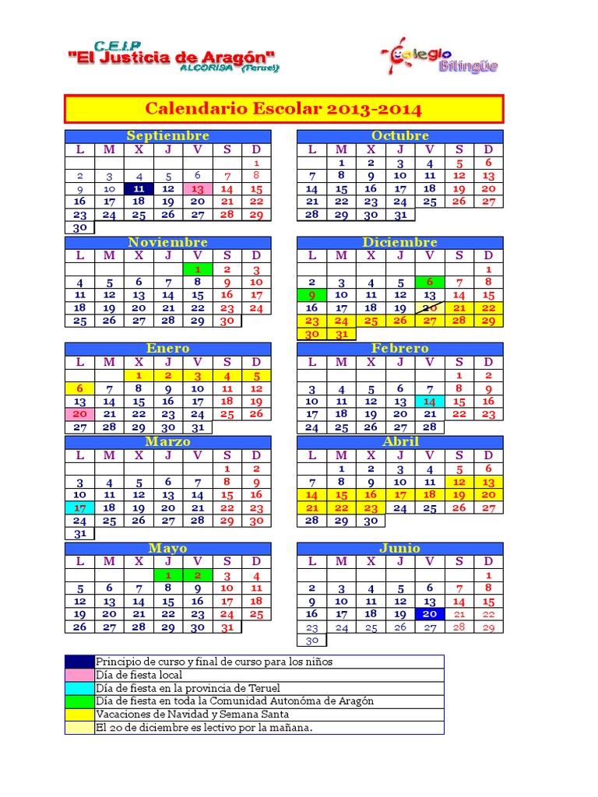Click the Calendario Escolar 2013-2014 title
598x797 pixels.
click(283, 108)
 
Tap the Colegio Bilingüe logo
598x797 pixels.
click(440, 58)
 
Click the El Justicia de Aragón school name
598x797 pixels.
click(172, 57)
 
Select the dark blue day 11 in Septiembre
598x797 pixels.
click(139, 188)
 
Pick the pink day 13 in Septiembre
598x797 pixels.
click(198, 188)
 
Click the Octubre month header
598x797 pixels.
click(400, 136)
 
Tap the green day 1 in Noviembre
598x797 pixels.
click(198, 269)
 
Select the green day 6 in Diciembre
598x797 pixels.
click(429, 282)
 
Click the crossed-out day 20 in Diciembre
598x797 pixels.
click(429, 307)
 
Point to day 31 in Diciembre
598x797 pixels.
click(341, 334)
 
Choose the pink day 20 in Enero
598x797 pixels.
click(79, 414)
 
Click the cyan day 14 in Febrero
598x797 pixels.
click(429, 401)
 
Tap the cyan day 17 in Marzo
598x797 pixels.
click(79, 507)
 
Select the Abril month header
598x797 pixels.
click(400, 441)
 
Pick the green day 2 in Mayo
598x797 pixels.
click(198, 575)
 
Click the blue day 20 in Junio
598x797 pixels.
click(429, 614)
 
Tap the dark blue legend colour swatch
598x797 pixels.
click(79, 662)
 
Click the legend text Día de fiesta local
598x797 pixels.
click(139, 675)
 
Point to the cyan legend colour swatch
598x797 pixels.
click(79, 688)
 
